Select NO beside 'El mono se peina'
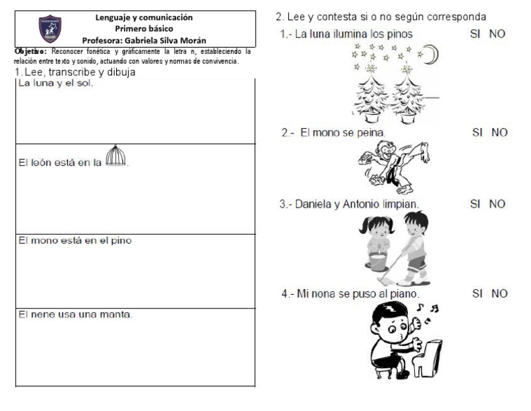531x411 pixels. click(x=499, y=132)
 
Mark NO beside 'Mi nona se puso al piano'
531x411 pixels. click(x=499, y=294)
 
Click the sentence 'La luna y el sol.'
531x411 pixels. click(x=55, y=84)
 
